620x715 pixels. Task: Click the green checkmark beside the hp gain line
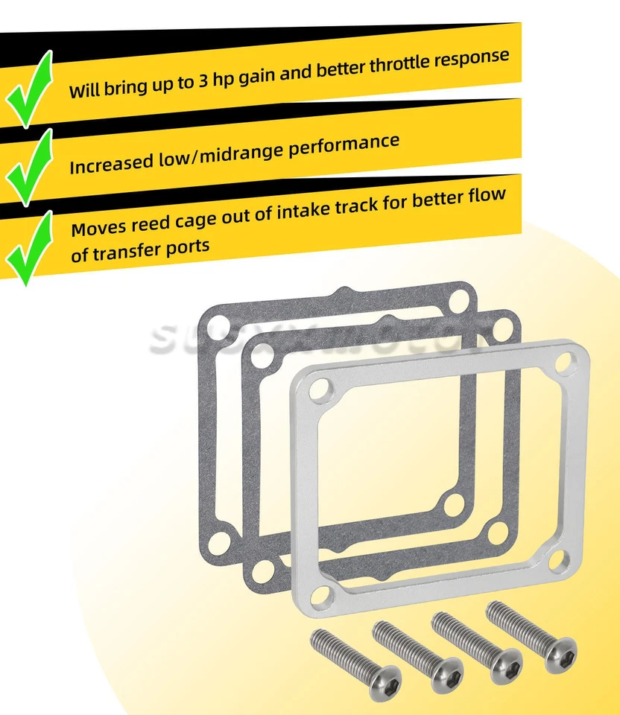(x=30, y=88)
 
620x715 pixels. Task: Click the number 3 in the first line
(x=203, y=81)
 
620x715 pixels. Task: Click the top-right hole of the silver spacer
(x=564, y=363)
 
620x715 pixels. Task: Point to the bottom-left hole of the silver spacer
(x=320, y=594)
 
